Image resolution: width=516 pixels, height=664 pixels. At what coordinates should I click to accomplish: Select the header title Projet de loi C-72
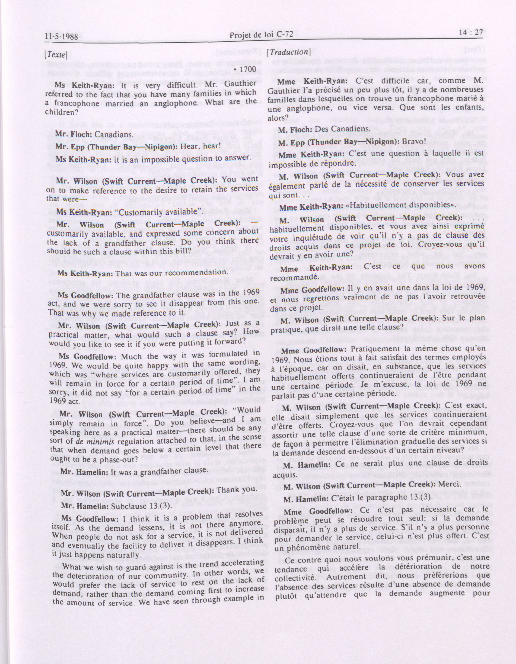(261, 35)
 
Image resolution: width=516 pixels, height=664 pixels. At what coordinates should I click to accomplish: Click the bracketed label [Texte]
(55, 55)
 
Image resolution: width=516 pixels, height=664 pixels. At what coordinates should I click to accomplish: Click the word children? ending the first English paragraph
(60, 112)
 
